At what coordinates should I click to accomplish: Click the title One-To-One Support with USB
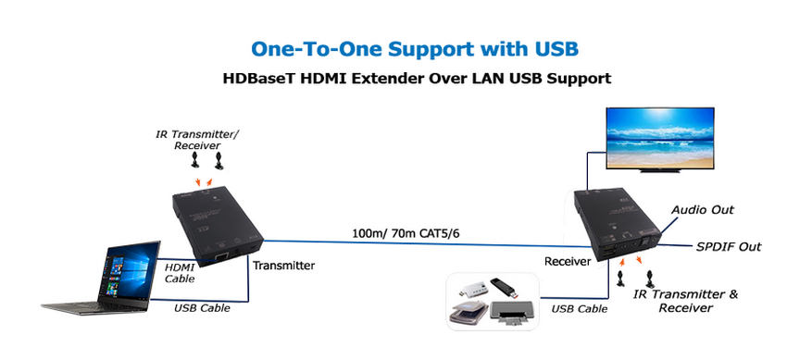click(x=415, y=49)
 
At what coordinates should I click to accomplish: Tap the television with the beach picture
click(x=659, y=140)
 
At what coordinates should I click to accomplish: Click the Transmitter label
click(x=283, y=266)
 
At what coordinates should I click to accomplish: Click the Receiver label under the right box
click(x=568, y=261)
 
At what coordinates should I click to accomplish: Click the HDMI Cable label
click(x=180, y=273)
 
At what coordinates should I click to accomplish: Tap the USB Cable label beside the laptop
click(x=202, y=308)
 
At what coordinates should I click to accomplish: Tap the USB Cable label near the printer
click(x=580, y=309)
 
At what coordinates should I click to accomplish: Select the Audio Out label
click(x=703, y=209)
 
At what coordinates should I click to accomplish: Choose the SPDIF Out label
click(x=729, y=247)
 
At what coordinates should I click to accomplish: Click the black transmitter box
click(x=217, y=227)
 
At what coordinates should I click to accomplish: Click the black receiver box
click(x=617, y=225)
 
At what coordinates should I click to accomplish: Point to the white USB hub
click(x=472, y=291)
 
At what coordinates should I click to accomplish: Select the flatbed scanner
click(x=468, y=313)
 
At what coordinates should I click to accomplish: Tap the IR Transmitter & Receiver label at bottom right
click(x=685, y=301)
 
